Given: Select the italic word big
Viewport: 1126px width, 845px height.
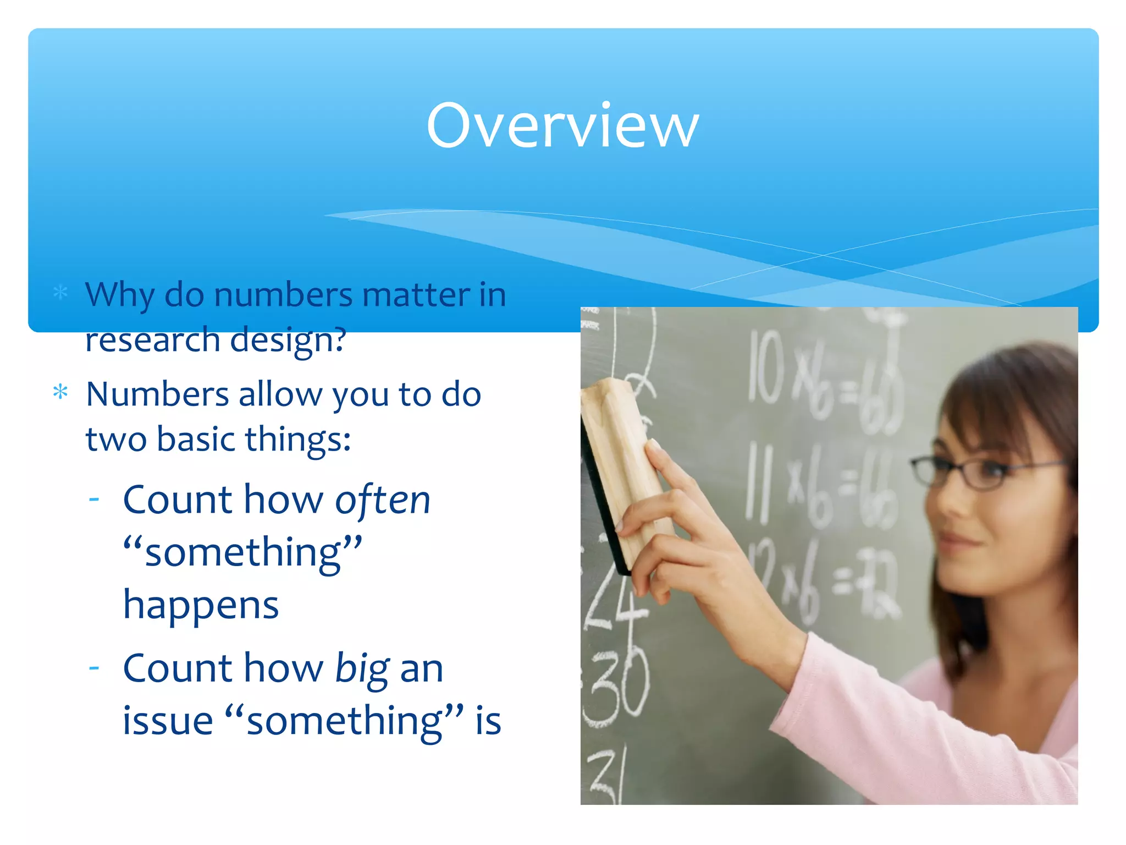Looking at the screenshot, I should [x=362, y=669].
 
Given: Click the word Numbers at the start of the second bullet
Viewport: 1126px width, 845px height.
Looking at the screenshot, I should [x=157, y=394].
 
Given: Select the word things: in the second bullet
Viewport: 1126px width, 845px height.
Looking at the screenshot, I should [x=297, y=440].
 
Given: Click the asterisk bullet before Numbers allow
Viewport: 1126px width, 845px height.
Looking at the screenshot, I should [x=60, y=393].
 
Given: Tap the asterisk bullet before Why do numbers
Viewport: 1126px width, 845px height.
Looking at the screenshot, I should [x=60, y=292].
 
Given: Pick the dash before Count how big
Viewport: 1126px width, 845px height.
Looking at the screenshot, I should [x=94, y=667].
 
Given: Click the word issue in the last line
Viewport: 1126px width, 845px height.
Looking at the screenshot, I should [x=167, y=721].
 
